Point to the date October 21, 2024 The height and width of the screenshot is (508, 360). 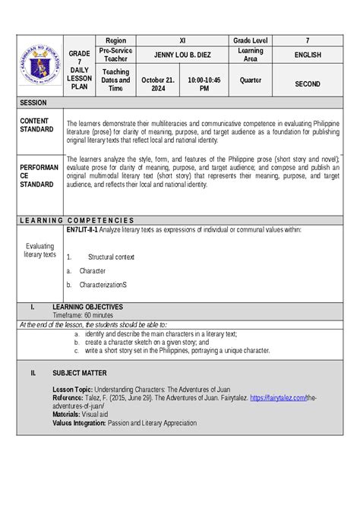[158, 84]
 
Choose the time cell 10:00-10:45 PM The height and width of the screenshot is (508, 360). [204, 84]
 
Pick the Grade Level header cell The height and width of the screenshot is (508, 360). [250, 39]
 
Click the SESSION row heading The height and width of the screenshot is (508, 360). [34, 102]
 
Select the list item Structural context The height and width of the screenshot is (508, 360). [111, 257]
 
